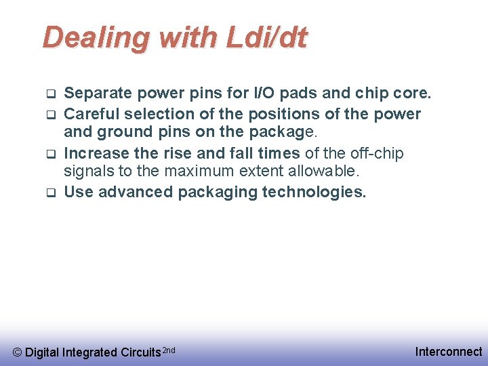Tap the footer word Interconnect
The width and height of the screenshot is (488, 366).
pyautogui.click(x=449, y=351)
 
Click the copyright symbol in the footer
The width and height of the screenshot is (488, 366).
pyautogui.click(x=18, y=352)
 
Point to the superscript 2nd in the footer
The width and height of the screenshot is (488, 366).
pyautogui.click(x=169, y=349)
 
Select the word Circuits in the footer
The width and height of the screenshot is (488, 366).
pyautogui.click(x=140, y=352)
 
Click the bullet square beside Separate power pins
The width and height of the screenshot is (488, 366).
pyautogui.click(x=49, y=93)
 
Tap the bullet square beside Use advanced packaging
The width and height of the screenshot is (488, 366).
pyautogui.click(x=49, y=192)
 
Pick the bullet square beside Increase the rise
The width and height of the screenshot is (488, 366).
pyautogui.click(x=49, y=154)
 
